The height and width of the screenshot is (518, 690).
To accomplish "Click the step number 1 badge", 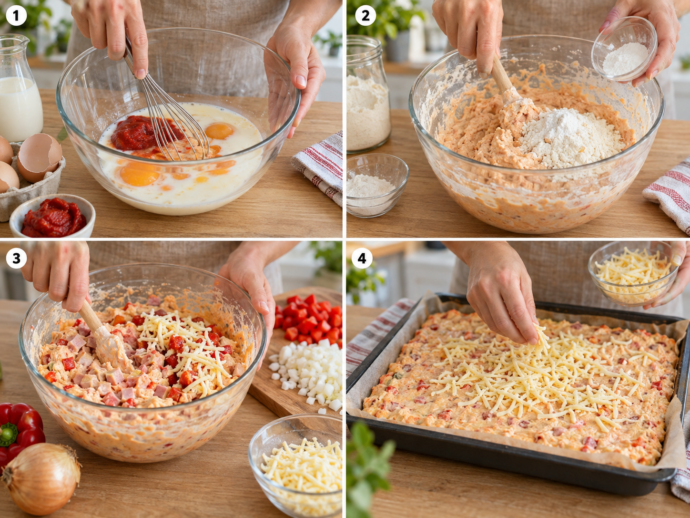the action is [16, 15].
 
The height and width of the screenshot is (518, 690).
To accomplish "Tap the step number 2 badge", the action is [365, 15].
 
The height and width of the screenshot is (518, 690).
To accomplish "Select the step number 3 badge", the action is [16, 258].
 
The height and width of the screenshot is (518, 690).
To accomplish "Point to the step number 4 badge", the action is [362, 258].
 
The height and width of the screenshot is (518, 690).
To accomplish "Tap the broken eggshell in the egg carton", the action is [40, 157].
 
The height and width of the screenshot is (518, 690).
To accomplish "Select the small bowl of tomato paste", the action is [52, 216].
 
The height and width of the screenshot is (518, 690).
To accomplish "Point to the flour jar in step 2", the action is [368, 94].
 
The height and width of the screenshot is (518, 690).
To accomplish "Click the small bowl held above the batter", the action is [624, 49].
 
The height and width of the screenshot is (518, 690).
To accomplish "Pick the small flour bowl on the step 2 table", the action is [377, 186].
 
